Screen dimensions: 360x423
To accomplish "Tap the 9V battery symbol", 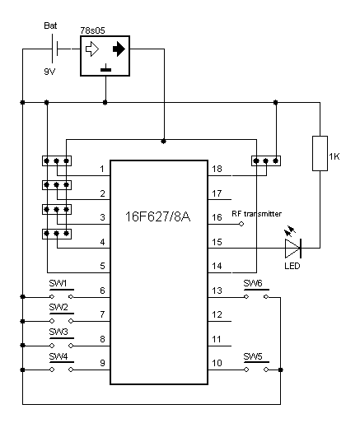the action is tap(55, 49).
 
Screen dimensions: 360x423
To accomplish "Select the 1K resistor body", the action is tap(320, 153).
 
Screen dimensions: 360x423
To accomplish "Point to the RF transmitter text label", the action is tap(257, 214).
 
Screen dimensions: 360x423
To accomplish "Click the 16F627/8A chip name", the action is tap(157, 216).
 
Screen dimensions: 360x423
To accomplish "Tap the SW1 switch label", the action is tap(58, 283).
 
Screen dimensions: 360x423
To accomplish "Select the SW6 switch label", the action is tap(253, 283).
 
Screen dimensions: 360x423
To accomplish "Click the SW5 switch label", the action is tap(253, 356).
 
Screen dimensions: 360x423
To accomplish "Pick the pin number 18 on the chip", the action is tap(217, 169).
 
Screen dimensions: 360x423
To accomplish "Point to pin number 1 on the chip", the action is tap(102, 169).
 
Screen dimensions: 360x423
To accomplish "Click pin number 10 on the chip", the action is tap(217, 363).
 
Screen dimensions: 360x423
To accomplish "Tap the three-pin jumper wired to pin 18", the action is tap(266, 160).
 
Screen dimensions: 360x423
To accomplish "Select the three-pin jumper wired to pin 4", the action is tap(57, 234).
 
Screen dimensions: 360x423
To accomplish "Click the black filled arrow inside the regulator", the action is tap(119, 49).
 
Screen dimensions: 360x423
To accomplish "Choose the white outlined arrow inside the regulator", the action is tap(92, 49).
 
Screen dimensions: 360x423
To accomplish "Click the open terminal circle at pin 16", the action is tap(241, 224).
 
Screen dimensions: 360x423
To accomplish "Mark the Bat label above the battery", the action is tap(50, 26).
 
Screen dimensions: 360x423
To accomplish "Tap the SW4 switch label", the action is tap(58, 356).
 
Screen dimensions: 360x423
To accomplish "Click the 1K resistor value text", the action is tap(334, 156).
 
